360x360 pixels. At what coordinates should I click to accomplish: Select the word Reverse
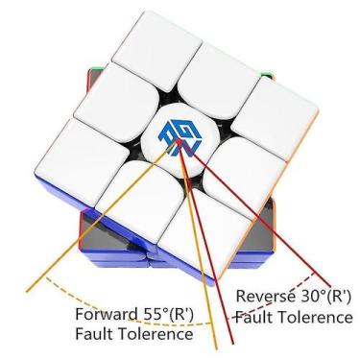click(x=264, y=296)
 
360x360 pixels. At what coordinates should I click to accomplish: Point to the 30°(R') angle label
click(x=324, y=296)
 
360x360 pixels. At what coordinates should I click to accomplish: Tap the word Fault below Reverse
click(x=254, y=315)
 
